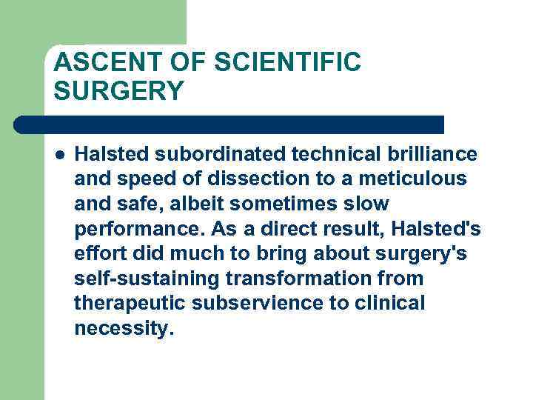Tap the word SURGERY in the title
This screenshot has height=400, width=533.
[x=118, y=91]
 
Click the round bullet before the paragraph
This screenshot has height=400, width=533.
[x=60, y=154]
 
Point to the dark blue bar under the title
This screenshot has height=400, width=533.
[x=229, y=124]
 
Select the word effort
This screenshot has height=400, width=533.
[x=98, y=254]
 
